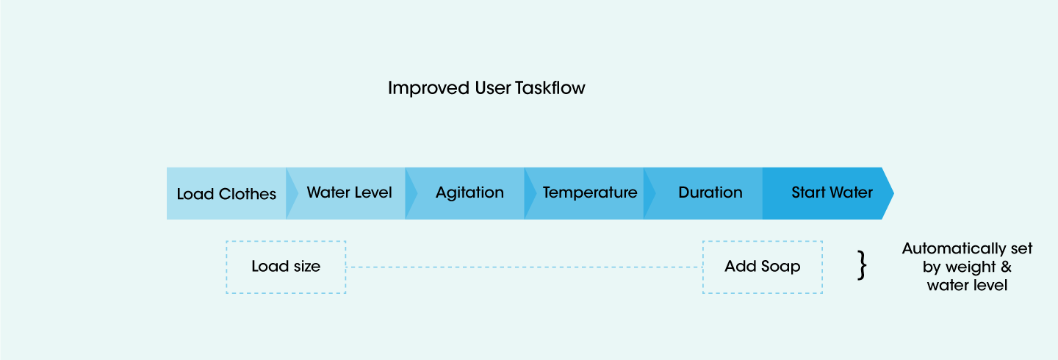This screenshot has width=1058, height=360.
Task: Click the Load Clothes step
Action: coord(227,193)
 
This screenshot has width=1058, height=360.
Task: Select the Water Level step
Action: coord(350,193)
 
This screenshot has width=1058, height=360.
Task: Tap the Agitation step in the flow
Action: coord(469,193)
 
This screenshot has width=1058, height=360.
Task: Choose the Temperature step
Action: coord(589,193)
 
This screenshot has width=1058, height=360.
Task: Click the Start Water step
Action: coord(827,193)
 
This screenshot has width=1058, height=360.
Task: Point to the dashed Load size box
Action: coord(286,267)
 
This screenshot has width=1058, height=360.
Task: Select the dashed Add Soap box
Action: coord(763,267)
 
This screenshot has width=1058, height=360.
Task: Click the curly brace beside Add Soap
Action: coord(862,265)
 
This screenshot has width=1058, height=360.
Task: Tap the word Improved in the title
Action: coord(429,88)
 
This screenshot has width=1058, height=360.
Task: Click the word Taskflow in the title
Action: coord(550,88)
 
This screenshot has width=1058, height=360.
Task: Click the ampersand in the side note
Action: coord(1006,267)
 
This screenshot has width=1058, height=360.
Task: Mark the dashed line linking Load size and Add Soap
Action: coord(525,267)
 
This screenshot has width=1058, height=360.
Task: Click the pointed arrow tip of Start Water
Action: coord(893,192)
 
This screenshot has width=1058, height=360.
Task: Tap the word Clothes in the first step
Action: coord(247,194)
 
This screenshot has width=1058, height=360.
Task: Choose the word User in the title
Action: coord(492,88)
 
